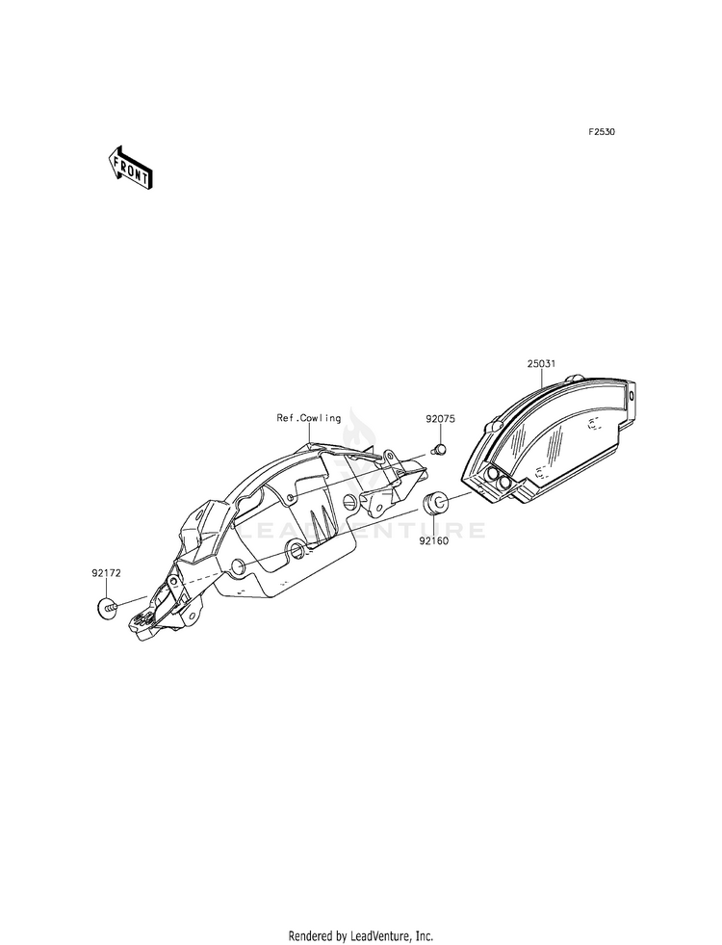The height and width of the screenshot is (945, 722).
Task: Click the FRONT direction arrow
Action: point(130,169)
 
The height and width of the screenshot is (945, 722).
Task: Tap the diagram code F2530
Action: point(602,131)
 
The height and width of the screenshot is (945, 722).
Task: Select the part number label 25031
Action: point(541,363)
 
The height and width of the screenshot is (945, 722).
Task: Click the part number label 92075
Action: point(441,419)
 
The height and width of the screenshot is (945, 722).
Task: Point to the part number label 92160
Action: point(434,540)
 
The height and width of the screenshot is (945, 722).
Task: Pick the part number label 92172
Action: point(107,573)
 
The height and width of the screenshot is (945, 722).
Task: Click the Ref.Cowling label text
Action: point(309,418)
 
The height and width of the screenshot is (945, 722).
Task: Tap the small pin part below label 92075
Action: point(439,448)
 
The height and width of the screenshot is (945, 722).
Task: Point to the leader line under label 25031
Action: point(542,378)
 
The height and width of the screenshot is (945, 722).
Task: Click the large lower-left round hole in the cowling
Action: point(238,565)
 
